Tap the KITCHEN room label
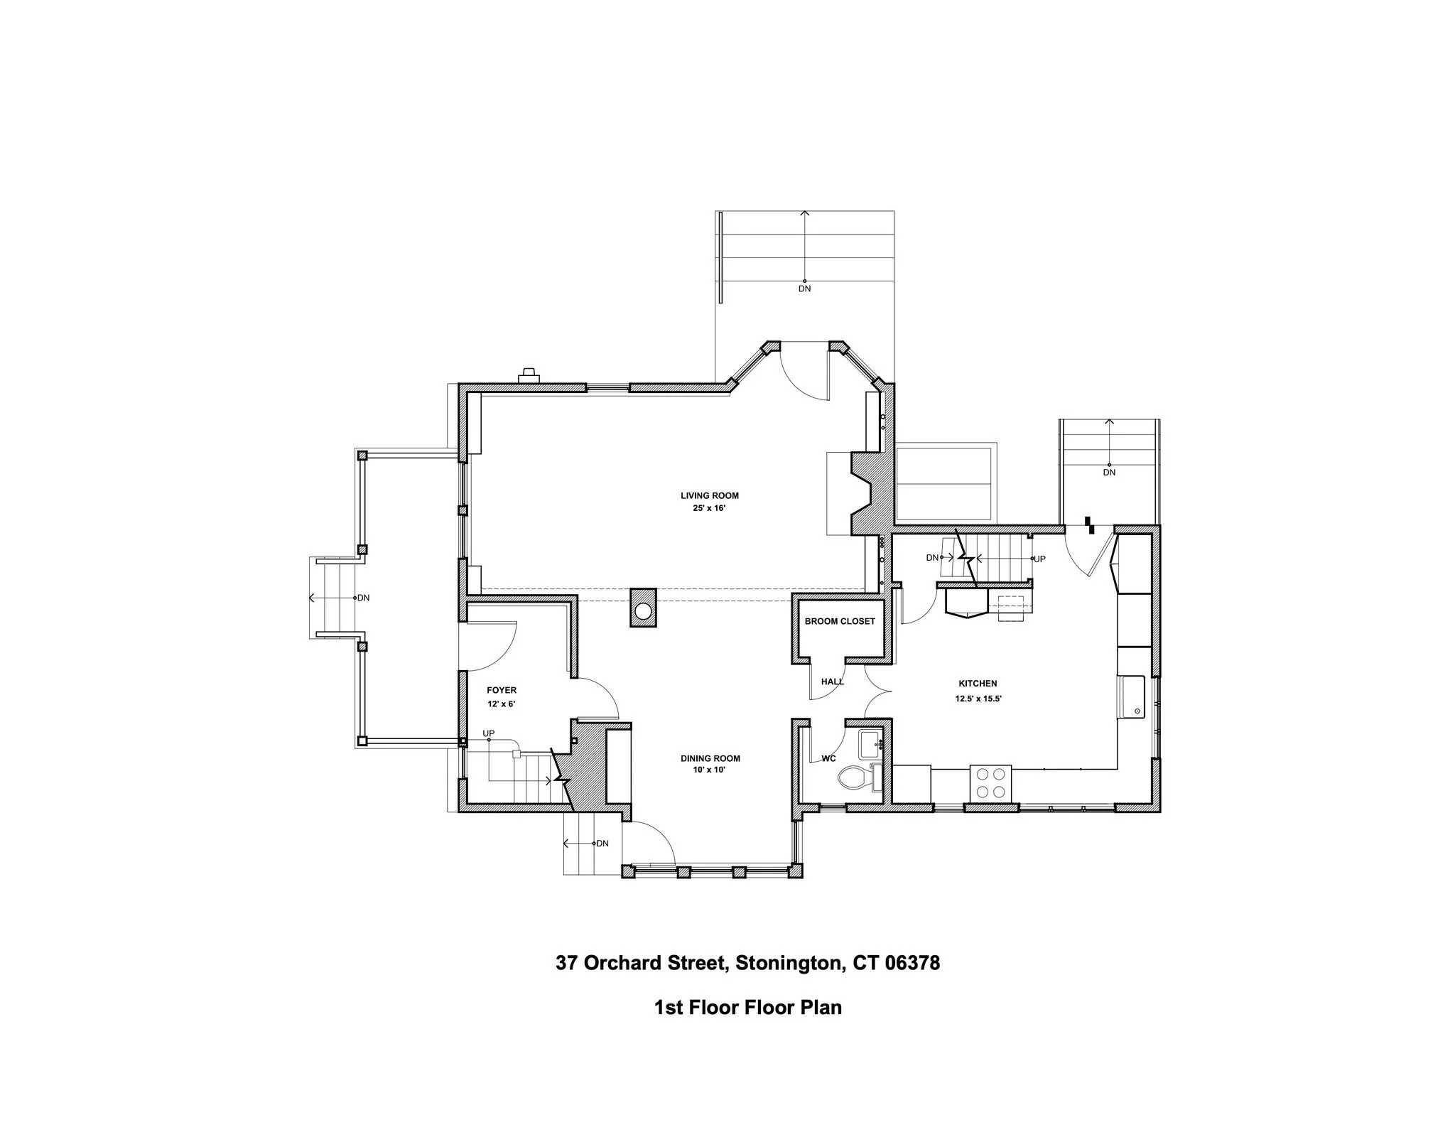978,684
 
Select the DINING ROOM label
710,758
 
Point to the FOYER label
501,690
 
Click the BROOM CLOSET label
840,621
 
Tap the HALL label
832,682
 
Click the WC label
828,758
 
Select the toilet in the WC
855,778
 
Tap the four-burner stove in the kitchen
990,783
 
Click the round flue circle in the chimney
644,611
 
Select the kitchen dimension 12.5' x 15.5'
978,699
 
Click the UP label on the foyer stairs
489,733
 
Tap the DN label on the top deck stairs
804,289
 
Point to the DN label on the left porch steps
363,598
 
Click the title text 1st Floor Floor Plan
747,1007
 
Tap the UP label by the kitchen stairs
1039,559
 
